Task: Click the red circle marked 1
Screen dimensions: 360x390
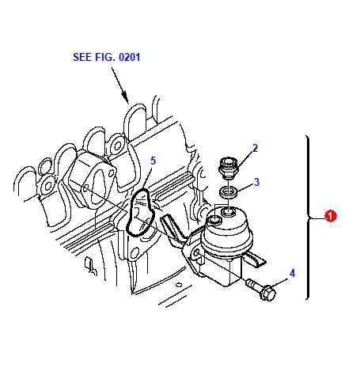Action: click(330, 216)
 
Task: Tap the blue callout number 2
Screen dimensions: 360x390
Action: click(255, 148)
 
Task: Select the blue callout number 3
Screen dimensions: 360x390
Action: click(256, 182)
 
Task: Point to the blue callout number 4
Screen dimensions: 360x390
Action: click(292, 273)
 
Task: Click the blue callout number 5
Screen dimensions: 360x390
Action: click(153, 161)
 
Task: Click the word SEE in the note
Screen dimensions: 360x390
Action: click(81, 57)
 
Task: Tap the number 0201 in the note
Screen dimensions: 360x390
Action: click(130, 57)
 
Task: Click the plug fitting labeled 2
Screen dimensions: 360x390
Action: click(229, 167)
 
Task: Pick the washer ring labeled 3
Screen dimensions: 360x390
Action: click(229, 191)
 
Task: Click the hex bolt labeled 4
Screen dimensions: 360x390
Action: click(261, 289)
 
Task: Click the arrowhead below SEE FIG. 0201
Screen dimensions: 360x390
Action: click(125, 97)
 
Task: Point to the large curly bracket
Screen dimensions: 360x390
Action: click(308, 218)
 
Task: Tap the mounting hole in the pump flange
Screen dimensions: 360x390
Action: click(196, 254)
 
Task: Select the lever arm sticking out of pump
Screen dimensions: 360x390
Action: click(255, 259)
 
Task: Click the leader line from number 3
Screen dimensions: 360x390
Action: click(245, 187)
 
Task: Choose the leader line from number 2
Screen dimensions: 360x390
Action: click(244, 159)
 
